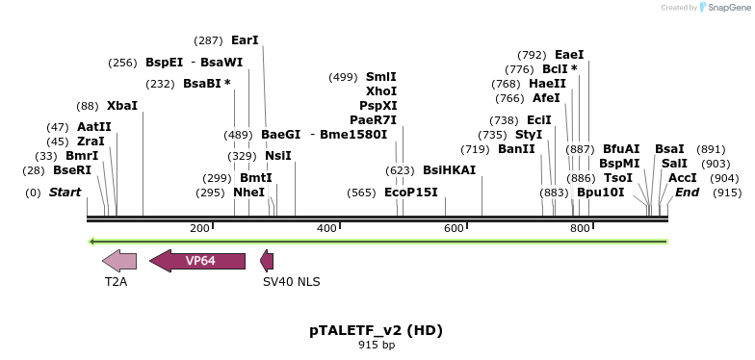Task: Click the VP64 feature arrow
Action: click(x=197, y=261)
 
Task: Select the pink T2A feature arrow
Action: click(x=119, y=261)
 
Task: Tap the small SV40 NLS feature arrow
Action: click(x=267, y=261)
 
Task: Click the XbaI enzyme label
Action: click(x=122, y=106)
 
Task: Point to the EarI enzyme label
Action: click(x=245, y=40)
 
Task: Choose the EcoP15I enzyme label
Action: click(x=411, y=193)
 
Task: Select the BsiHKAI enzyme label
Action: click(x=449, y=170)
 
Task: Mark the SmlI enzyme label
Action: click(x=380, y=77)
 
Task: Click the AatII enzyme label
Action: click(x=94, y=127)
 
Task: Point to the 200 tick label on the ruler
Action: click(x=199, y=228)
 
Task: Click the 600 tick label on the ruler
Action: click(x=454, y=228)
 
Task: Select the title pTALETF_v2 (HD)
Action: click(x=376, y=330)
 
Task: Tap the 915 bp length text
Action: click(x=376, y=345)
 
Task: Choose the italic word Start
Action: click(x=65, y=193)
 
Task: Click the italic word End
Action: click(x=687, y=193)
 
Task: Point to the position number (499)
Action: click(x=343, y=77)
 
